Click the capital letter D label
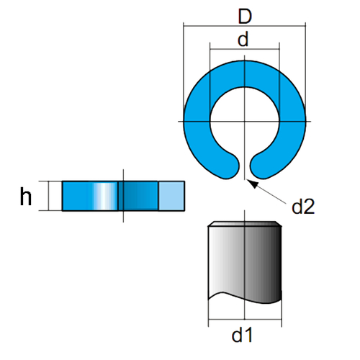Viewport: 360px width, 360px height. [245, 16]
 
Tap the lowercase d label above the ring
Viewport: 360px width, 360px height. [243, 39]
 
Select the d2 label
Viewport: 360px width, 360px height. [303, 207]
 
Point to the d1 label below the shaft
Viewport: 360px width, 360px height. [242, 335]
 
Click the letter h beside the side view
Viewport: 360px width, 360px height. [25, 197]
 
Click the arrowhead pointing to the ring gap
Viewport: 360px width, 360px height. [252, 184]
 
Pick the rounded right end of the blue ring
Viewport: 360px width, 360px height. [261, 166]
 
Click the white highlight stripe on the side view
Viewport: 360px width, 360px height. [104, 196]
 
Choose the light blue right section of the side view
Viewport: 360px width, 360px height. [171, 196]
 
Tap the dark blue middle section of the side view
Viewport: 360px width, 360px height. [138, 196]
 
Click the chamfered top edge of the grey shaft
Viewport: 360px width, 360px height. [245, 224]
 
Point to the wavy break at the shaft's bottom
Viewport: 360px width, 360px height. [245, 297]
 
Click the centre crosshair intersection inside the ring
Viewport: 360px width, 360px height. [245, 122]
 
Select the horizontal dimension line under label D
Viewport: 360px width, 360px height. [245, 25]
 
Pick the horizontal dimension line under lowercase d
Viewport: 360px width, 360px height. [245, 49]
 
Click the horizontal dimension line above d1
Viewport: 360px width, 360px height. [245, 320]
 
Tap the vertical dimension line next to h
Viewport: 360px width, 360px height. [49, 196]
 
